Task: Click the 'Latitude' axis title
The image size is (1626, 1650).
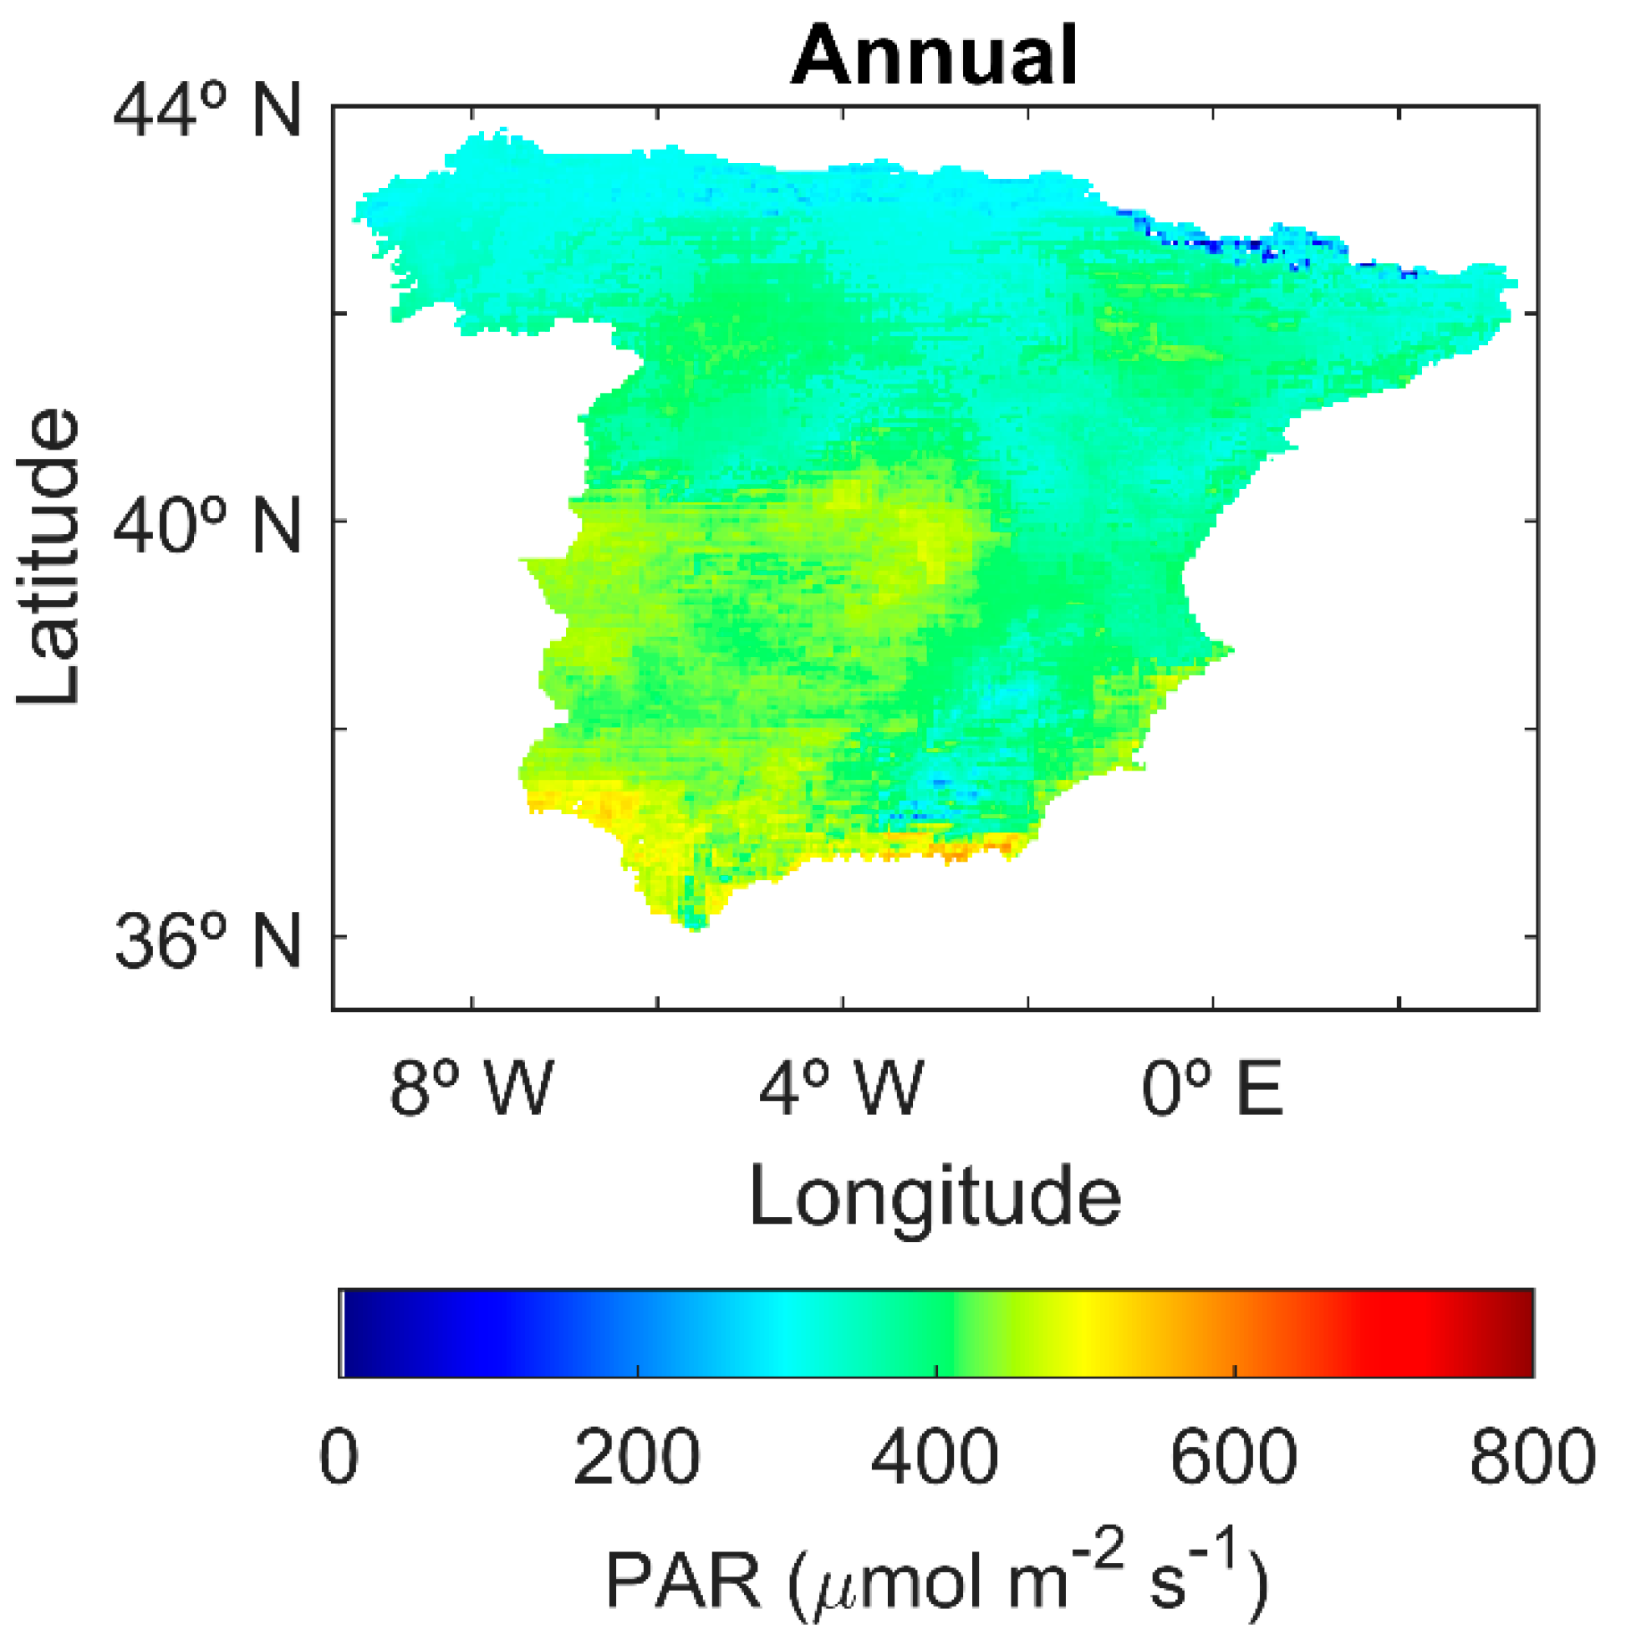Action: click(49, 557)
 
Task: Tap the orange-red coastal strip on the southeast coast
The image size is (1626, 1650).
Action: click(956, 851)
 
